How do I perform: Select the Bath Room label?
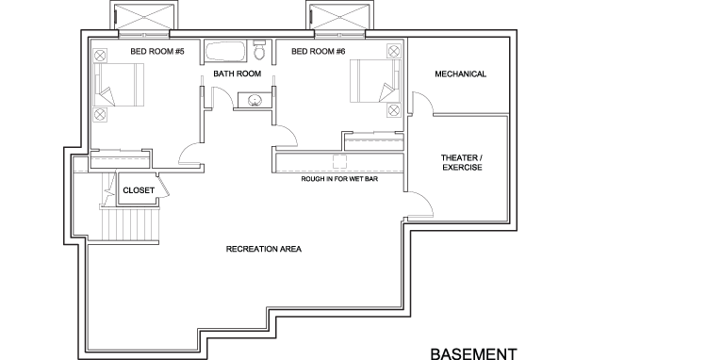[x=237, y=74]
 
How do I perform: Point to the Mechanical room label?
[x=461, y=74]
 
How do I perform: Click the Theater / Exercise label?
[x=461, y=163]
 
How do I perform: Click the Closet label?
[x=138, y=189]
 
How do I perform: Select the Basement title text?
[x=474, y=352]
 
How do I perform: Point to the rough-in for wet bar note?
[x=339, y=177]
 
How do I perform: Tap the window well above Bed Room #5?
[x=143, y=17]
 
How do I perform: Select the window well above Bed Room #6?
[x=339, y=17]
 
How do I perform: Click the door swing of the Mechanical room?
[x=421, y=102]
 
